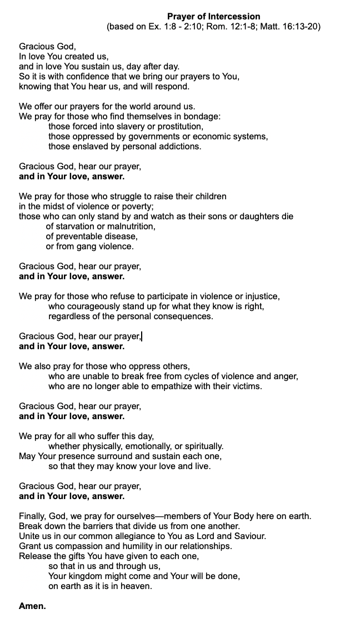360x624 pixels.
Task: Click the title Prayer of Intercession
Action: click(x=213, y=17)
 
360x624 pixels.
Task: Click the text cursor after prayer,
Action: click(x=142, y=336)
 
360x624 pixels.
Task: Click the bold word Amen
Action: click(x=32, y=606)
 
